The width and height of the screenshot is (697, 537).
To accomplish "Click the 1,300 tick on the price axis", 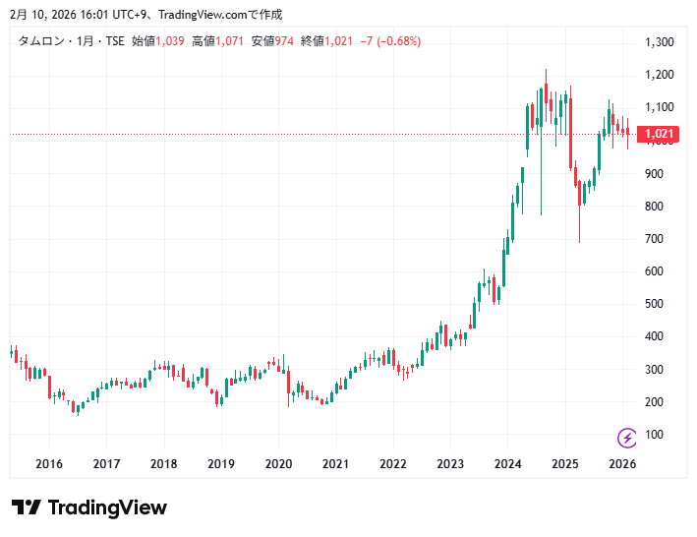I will tap(659, 42).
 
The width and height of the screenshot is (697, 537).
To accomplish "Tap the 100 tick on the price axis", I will tap(653, 435).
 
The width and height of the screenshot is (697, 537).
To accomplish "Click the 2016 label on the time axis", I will tap(49, 464).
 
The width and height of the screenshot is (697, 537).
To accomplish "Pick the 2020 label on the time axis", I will tap(279, 464).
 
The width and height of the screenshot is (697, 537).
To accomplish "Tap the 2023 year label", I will tap(451, 464).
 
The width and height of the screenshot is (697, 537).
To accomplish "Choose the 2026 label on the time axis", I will tap(622, 464).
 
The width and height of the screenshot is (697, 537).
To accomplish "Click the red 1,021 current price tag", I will tap(658, 135).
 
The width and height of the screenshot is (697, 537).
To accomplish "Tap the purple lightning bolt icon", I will tap(626, 437).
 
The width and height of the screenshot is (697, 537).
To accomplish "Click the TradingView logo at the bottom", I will tap(89, 507).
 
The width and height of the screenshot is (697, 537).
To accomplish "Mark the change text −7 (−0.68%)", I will tap(390, 41).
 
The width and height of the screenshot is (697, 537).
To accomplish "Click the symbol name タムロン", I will tap(40, 41).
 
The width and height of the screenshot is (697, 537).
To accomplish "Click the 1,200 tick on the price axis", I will tap(659, 75).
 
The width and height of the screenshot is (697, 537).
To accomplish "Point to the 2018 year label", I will tap(164, 464).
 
